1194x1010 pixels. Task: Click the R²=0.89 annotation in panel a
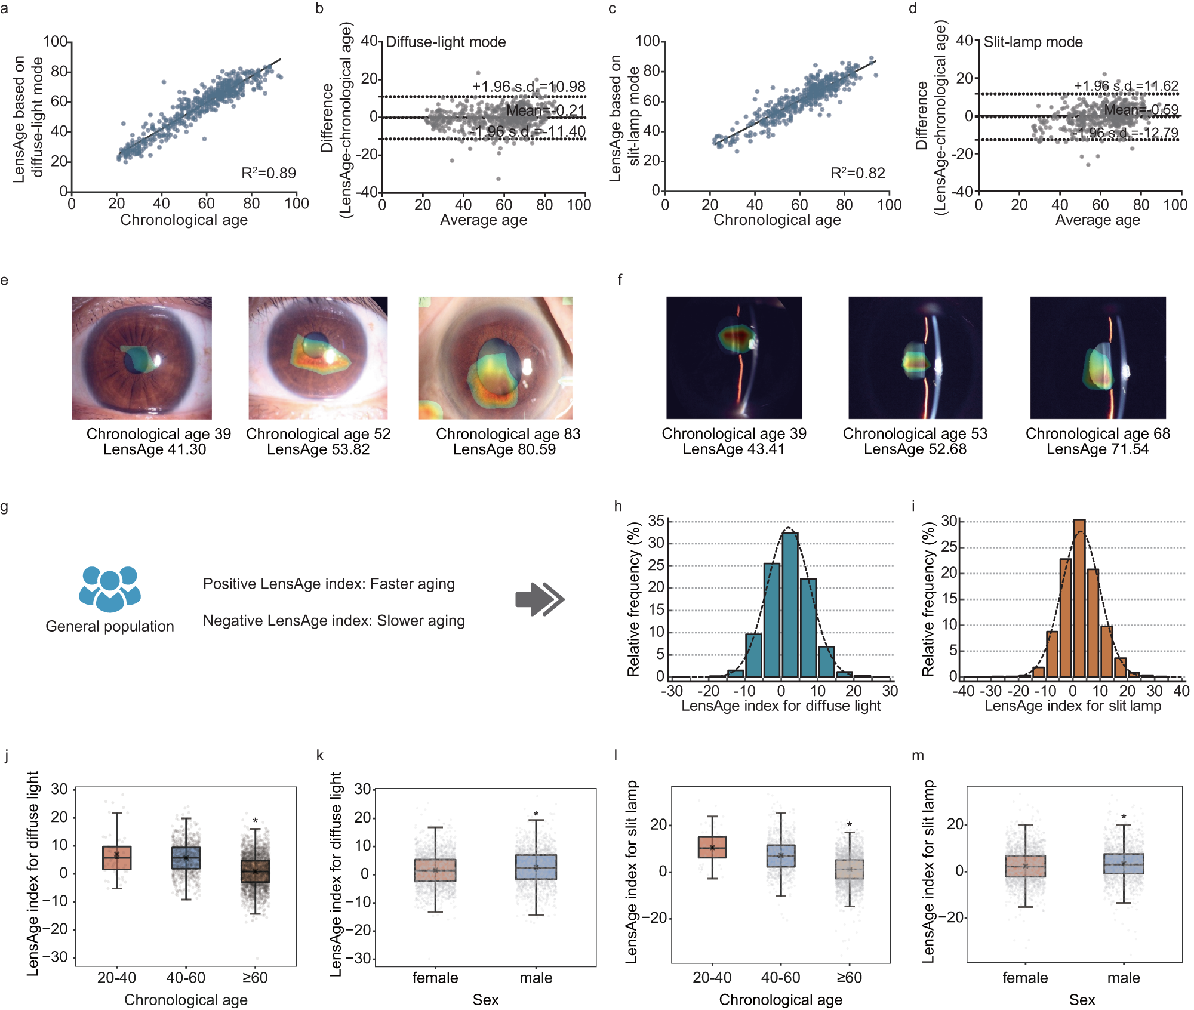click(268, 173)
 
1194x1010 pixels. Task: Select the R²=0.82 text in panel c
click(857, 173)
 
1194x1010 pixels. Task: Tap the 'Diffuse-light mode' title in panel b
click(445, 42)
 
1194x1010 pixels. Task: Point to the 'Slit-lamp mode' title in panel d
click(1032, 42)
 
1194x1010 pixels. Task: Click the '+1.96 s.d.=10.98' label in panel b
click(528, 87)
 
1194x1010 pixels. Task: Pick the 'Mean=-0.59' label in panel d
click(1141, 110)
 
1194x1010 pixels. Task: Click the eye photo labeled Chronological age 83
click(495, 358)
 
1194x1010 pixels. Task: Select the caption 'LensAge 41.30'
click(155, 449)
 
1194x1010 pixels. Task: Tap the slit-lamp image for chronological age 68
click(1097, 358)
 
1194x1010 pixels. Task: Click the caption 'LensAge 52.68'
click(915, 449)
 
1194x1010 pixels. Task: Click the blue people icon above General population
click(110, 589)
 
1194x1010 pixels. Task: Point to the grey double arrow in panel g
click(540, 599)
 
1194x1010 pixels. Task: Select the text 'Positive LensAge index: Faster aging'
click(328, 584)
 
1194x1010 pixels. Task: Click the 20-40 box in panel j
click(117, 858)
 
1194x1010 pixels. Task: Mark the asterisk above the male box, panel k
click(536, 814)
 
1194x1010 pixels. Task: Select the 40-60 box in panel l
click(780, 856)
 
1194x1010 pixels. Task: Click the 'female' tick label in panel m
click(1024, 978)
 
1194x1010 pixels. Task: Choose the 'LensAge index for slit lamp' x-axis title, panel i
click(1072, 706)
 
